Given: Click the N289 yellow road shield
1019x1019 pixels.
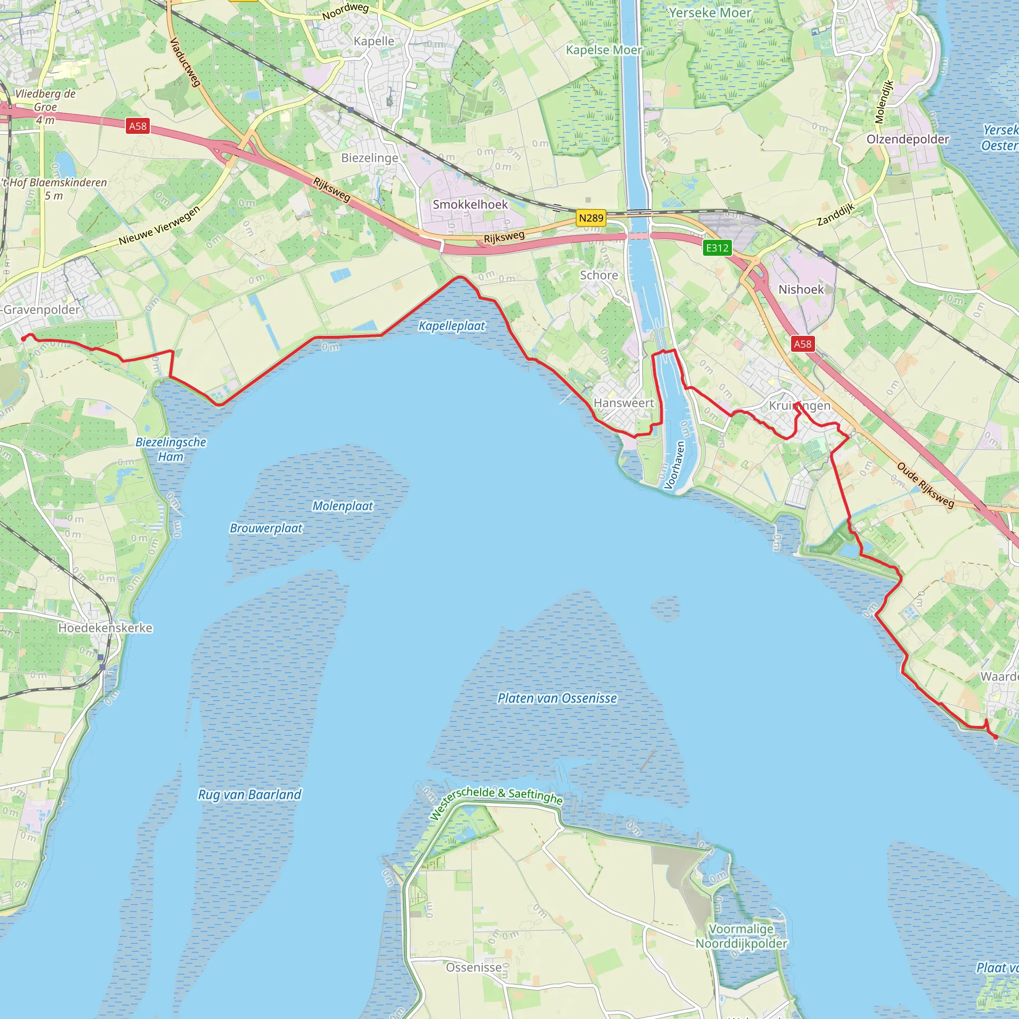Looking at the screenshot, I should [x=591, y=218].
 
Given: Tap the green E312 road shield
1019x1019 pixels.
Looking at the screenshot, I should [x=717, y=247].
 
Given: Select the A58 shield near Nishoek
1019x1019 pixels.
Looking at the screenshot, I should [x=803, y=344].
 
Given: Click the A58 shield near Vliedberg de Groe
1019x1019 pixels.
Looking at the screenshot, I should [x=138, y=125].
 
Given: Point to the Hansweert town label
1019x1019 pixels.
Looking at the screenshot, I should [x=623, y=403].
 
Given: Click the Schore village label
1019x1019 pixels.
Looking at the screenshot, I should [x=599, y=275].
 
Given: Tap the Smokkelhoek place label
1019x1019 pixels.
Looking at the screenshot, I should [x=470, y=204].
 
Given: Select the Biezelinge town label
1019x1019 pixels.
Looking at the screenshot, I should [x=370, y=158].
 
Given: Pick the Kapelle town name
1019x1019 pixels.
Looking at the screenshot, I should [x=374, y=41].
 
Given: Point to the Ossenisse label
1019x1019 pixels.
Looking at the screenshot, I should [x=474, y=967].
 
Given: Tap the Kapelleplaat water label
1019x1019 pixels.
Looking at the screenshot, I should [x=451, y=326].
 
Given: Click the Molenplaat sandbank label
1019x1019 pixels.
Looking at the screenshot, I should [x=343, y=506].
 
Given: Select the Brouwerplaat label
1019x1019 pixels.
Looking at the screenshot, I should [x=266, y=528].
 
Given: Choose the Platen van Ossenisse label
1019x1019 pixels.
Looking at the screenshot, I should [x=557, y=698].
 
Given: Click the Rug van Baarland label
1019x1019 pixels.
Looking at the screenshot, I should [x=249, y=794].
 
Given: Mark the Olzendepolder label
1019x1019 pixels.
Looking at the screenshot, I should [x=908, y=139].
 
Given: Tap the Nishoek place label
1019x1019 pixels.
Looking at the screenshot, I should [x=801, y=289].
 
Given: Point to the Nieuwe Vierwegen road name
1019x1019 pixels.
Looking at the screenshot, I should [x=159, y=225].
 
